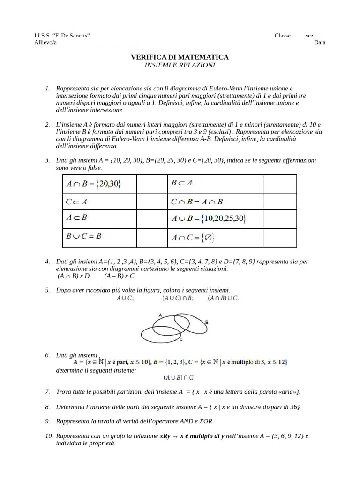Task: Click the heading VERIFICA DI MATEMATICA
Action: click(180, 57)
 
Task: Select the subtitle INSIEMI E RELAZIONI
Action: click(180, 65)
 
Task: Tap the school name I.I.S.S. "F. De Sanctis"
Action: click(62, 36)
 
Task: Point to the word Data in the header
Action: click(320, 43)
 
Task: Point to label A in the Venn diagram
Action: click(160, 316)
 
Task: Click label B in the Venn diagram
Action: click(207, 322)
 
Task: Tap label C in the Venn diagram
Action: click(180, 339)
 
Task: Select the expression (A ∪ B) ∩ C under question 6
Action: click(179, 377)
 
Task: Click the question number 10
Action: click(49, 436)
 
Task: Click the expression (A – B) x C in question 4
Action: click(120, 277)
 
